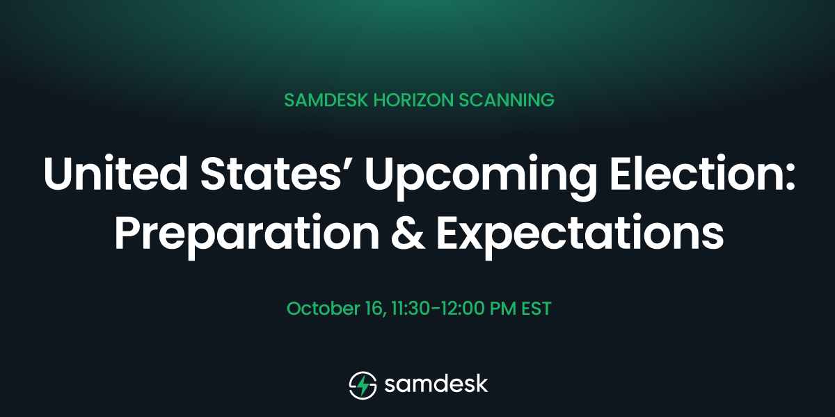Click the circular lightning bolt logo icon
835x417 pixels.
tap(362, 384)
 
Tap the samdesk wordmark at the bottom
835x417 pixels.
tap(436, 384)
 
